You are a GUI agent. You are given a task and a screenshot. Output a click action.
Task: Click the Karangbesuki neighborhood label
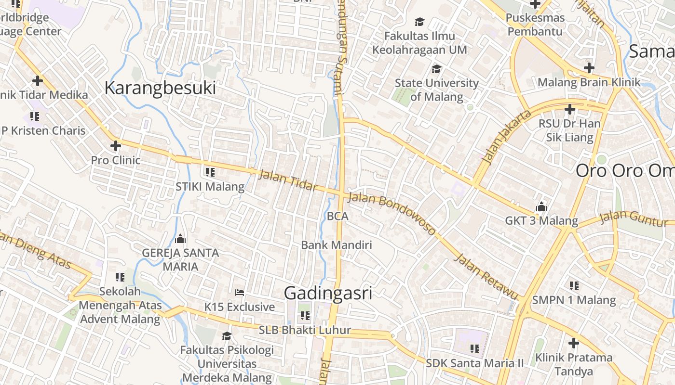(160, 89)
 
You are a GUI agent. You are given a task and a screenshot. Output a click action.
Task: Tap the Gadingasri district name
(328, 293)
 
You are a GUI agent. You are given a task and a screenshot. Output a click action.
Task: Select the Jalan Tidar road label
(288, 180)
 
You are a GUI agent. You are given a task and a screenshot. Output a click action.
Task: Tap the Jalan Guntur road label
(634, 218)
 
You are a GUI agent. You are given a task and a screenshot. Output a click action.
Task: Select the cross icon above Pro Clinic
(115, 145)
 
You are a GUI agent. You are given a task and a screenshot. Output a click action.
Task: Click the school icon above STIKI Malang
(210, 172)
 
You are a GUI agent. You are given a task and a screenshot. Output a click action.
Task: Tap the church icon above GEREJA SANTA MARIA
(180, 238)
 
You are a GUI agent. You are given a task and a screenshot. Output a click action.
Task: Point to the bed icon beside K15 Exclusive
(240, 293)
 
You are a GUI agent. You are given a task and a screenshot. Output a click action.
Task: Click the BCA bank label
(337, 217)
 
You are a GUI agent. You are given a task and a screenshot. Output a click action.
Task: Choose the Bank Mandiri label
(337, 245)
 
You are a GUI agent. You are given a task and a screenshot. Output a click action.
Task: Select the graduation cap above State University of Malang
(436, 69)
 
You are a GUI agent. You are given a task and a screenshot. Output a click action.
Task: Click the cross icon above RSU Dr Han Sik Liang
(569, 109)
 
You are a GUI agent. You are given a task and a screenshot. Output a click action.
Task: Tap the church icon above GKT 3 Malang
(541, 206)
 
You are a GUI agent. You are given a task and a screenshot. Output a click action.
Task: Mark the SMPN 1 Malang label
(574, 300)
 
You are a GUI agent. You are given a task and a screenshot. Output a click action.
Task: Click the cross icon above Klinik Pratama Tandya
(573, 343)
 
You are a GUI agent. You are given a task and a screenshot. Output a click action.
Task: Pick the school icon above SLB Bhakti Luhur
(305, 316)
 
